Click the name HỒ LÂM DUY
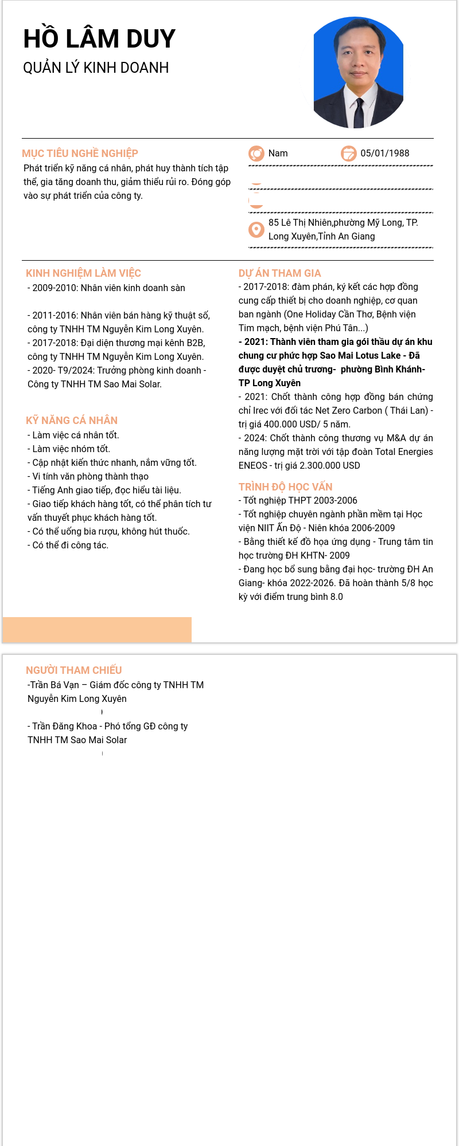99,39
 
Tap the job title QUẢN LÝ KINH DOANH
96,68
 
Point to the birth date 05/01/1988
384,153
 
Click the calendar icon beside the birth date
348,154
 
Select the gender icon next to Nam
256,154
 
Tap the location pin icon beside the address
256,229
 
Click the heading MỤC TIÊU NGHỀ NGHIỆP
80,153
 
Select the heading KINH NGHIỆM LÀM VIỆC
83,273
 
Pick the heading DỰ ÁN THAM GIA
279,273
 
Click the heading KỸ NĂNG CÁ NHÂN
72,420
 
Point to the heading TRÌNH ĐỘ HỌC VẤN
285,486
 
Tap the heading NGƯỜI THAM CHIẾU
73,670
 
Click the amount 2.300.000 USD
330,465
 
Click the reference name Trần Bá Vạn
55,685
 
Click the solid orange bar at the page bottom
97,629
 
